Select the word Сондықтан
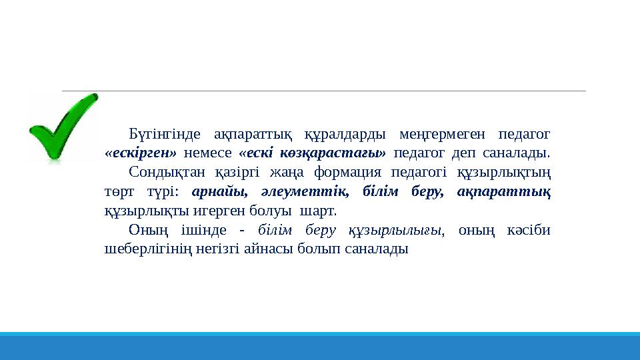coord(166,173)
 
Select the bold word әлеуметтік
coord(307,192)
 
